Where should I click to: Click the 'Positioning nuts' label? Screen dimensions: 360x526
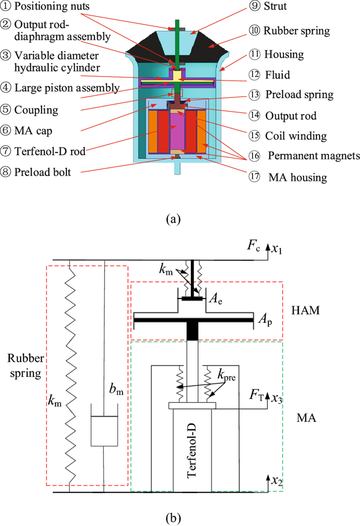tap(52, 6)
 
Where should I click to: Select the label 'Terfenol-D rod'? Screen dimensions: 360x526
tap(50, 151)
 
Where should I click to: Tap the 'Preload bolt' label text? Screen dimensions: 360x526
tap(43, 172)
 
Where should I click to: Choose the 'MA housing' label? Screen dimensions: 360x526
tap(298, 177)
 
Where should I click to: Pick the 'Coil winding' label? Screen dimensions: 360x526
tap(296, 136)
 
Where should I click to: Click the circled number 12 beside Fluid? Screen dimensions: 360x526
tap(255, 75)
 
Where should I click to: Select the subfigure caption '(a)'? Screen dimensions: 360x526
tap(173, 219)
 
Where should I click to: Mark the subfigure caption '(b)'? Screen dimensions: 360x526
tap(173, 519)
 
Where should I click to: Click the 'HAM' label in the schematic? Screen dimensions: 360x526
tap(305, 310)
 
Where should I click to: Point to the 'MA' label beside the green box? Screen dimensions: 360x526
tap(307, 418)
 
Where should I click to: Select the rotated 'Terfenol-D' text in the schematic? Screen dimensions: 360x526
tap(191, 450)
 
